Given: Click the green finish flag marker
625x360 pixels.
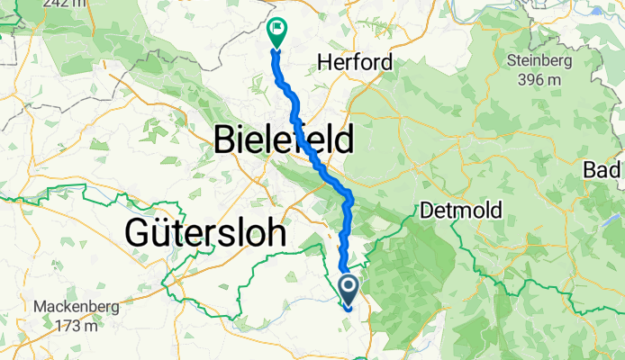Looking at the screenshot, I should [x=276, y=33].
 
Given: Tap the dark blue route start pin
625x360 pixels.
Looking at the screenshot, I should [x=349, y=289].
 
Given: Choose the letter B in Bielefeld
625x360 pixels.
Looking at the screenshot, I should [x=224, y=140].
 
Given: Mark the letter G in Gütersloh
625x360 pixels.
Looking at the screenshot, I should [x=133, y=233].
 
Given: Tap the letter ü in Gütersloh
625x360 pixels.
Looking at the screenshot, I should [x=154, y=233].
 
